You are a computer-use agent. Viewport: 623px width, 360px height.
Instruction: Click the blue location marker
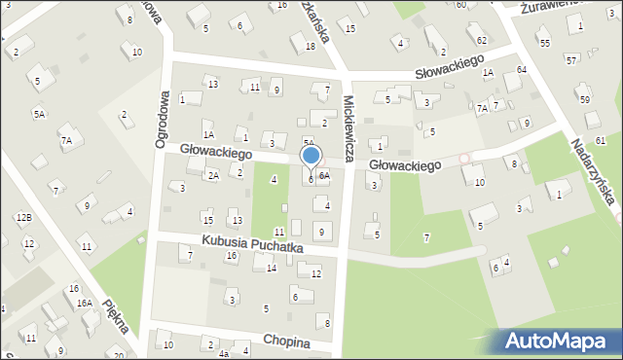[x=311, y=157]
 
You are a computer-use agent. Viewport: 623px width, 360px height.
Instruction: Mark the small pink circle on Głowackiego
[x=464, y=158]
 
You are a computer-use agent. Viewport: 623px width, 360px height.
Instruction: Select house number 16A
[x=85, y=303]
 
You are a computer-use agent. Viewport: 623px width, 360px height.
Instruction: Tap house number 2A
[x=213, y=175]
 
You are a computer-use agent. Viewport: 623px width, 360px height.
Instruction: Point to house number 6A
[x=324, y=176]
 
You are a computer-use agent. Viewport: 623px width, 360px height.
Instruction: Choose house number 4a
[x=223, y=355]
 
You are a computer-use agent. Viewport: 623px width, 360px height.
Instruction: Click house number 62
[x=483, y=40]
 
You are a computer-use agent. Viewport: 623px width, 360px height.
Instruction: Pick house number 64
[x=522, y=70]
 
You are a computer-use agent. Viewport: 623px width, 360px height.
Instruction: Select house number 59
[x=584, y=99]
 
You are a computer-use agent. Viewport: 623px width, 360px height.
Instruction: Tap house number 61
[x=601, y=141]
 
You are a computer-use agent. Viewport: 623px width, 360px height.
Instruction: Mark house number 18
[x=310, y=46]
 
